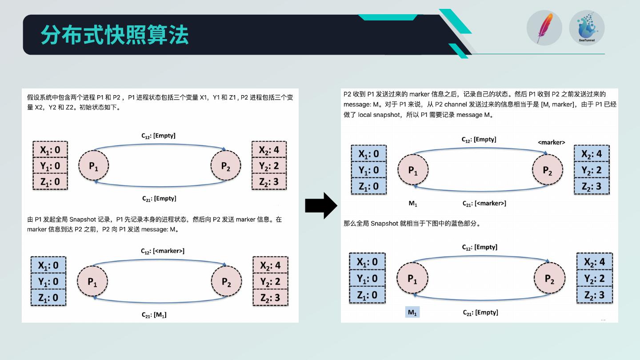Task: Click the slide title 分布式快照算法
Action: (115, 35)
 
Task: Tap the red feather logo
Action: (544, 28)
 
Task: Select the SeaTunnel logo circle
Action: (587, 28)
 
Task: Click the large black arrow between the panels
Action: (321, 205)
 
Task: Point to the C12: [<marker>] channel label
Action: (163, 251)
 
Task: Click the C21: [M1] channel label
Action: (154, 315)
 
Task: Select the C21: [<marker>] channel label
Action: (484, 204)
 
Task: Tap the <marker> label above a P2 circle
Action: (551, 143)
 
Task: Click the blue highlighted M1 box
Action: (412, 312)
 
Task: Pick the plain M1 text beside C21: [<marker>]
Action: (413, 204)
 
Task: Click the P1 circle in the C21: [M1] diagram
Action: (92, 282)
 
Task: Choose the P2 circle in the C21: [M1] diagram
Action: (226, 282)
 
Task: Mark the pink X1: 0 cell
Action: (50, 150)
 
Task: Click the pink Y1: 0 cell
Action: (50, 166)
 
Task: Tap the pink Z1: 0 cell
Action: (50, 182)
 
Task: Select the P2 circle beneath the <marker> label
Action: (548, 170)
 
